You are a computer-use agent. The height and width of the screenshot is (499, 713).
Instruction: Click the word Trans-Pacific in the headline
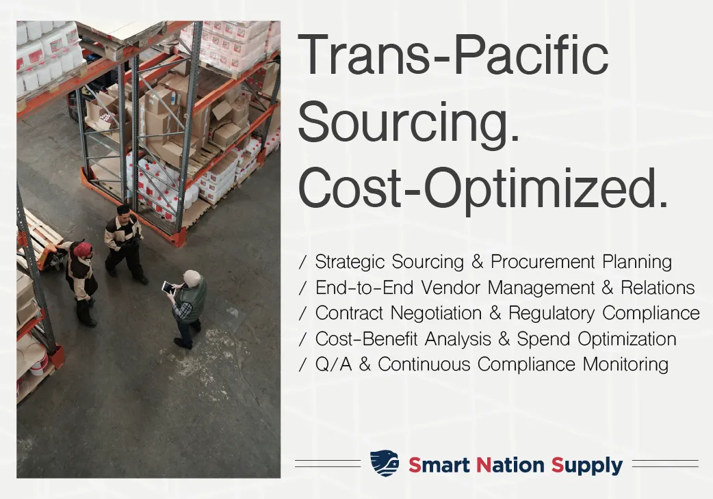(454, 55)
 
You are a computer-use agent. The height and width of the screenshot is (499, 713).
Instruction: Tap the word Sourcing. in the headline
(409, 122)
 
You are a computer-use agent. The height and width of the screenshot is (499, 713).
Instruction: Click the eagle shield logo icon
(385, 463)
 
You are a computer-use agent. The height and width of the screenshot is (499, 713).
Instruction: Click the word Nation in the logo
(510, 465)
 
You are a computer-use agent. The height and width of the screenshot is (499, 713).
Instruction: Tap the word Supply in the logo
(587, 466)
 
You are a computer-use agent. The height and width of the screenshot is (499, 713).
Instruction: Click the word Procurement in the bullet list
(543, 262)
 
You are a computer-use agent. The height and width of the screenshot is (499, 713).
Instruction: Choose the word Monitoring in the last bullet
(625, 364)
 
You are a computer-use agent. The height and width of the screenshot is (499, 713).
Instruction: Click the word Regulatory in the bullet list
(551, 313)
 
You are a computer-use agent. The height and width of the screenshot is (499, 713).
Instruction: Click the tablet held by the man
(168, 287)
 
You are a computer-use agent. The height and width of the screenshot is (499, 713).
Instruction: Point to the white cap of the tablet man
(192, 277)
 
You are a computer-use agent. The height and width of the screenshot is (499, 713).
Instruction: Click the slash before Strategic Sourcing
(303, 262)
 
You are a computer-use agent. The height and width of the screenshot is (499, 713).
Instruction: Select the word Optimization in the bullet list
(627, 339)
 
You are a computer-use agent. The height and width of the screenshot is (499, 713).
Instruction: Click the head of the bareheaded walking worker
(123, 212)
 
